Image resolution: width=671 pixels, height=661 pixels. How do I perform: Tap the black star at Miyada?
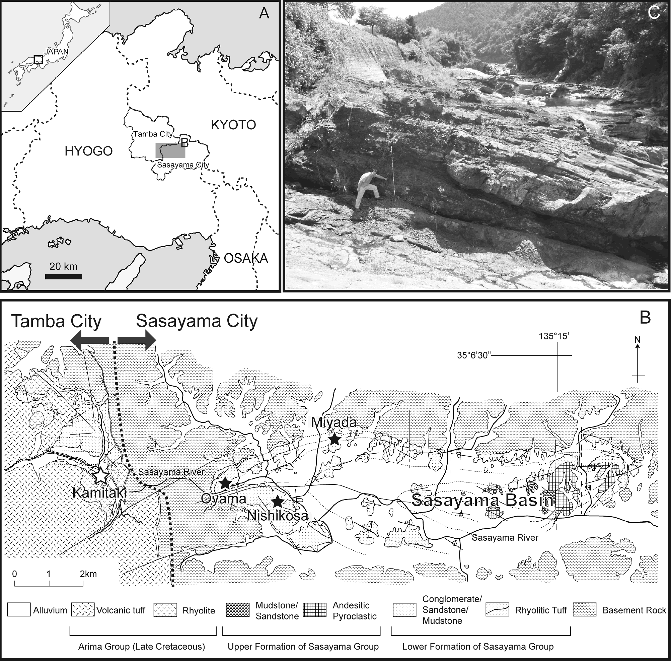334,439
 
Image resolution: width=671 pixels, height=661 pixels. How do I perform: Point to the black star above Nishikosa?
277,501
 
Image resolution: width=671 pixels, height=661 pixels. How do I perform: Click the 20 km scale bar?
64,277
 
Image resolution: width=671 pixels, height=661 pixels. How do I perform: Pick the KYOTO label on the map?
233,125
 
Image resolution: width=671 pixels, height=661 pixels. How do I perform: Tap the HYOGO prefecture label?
88,151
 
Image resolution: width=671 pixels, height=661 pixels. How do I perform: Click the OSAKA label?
246,258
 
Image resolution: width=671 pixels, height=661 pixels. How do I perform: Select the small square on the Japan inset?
39,59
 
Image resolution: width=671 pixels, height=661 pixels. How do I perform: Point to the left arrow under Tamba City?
89,340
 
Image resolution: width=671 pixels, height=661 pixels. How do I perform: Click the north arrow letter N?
637,339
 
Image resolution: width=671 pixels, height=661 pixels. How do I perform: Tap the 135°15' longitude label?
554,336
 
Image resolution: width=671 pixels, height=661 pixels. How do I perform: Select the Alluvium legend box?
19,610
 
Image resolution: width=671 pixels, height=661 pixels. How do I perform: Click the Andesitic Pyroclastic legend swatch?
315,610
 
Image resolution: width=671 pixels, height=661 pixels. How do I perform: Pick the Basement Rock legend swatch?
585,610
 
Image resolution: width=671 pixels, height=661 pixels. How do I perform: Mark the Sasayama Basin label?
483,500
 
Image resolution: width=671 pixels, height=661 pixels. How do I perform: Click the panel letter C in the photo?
654,13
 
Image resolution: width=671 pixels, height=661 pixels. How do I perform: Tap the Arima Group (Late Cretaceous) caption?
142,646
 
